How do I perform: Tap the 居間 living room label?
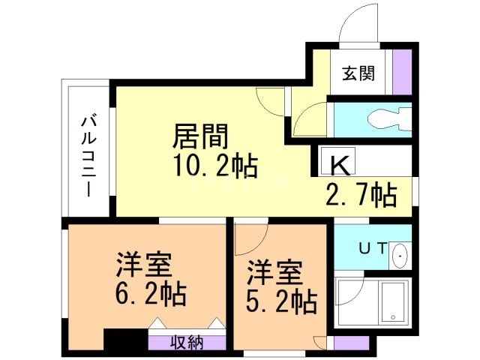click(200, 138)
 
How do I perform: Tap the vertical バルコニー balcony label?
click(89, 154)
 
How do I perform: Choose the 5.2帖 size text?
click(281, 301)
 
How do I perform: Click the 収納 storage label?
click(185, 343)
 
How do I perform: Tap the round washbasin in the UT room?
click(400, 256)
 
